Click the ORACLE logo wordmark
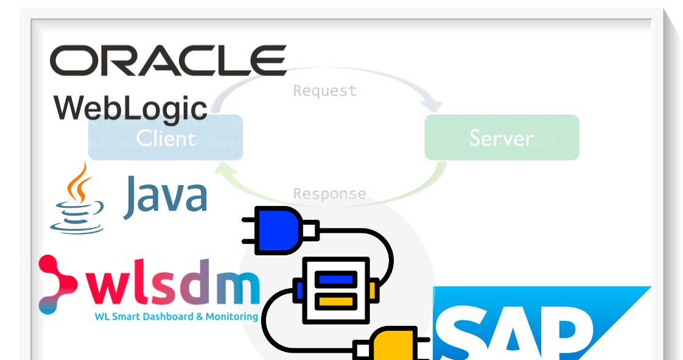[x=168, y=61]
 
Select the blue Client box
[x=166, y=138]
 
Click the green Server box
[x=502, y=138]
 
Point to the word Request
[x=324, y=91]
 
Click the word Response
[x=329, y=194]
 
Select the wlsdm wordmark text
[x=172, y=286]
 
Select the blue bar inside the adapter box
[x=337, y=280]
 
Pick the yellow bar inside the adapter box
[x=337, y=300]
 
